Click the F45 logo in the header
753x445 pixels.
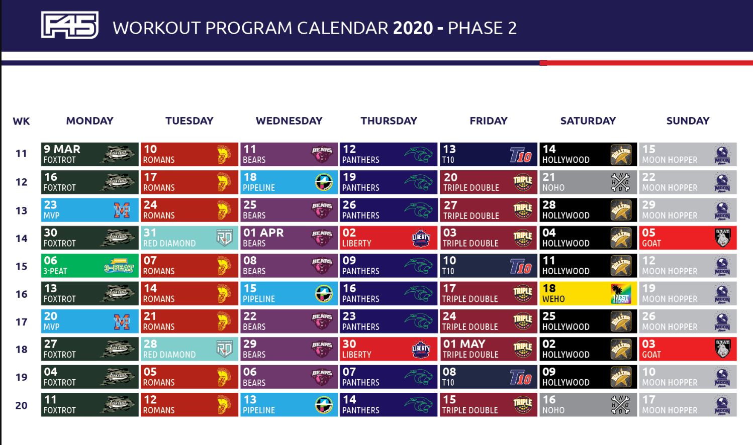(x=69, y=25)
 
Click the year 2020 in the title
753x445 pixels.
(x=413, y=28)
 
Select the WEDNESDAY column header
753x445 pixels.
(x=289, y=121)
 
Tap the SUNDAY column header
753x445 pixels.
(x=688, y=121)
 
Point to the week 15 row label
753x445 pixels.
(x=21, y=266)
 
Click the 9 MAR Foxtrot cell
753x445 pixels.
(x=89, y=154)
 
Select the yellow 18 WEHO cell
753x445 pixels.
(x=588, y=293)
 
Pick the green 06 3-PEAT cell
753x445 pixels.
(x=89, y=266)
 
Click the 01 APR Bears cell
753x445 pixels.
(x=289, y=238)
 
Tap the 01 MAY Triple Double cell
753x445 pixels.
(x=488, y=349)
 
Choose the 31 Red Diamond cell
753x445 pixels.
(x=189, y=238)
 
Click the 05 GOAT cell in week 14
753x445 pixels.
(x=687, y=238)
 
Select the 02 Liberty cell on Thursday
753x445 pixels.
(x=388, y=238)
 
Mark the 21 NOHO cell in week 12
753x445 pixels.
(x=588, y=182)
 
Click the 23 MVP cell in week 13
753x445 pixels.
(x=89, y=210)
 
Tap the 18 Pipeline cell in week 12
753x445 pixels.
(x=289, y=182)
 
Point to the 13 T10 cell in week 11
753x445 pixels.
(x=488, y=154)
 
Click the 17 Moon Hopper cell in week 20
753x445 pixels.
(x=687, y=404)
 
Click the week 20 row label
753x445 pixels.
(x=21, y=405)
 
